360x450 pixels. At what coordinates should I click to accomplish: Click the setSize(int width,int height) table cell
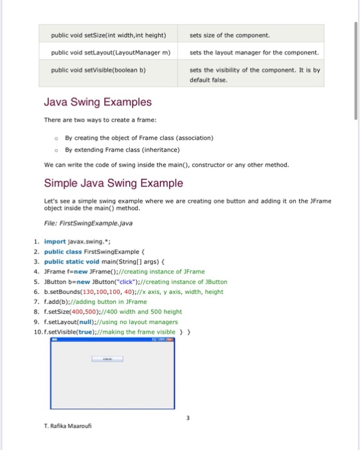point(109,35)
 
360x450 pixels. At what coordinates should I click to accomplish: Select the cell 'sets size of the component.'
point(230,35)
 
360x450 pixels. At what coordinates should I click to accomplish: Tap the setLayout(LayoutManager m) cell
point(110,52)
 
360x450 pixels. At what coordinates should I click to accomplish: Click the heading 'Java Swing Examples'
point(98,102)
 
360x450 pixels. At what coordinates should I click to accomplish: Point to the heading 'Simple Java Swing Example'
point(113,183)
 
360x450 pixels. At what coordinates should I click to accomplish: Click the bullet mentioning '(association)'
point(139,138)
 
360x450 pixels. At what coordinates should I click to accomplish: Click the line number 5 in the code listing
point(37,282)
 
